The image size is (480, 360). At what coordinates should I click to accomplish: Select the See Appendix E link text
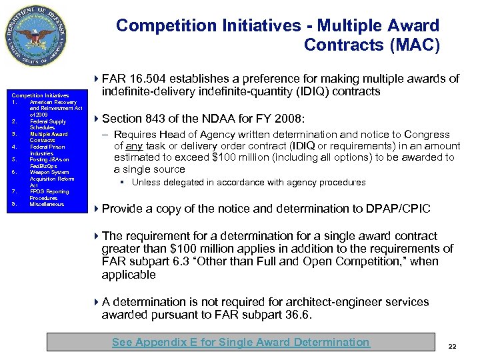tap(240, 342)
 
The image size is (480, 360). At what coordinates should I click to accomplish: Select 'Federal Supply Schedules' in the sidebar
tap(47, 124)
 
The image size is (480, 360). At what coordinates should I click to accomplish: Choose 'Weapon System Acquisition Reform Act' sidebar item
tap(52, 179)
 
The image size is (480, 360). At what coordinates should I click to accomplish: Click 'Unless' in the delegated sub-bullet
tap(144, 182)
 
